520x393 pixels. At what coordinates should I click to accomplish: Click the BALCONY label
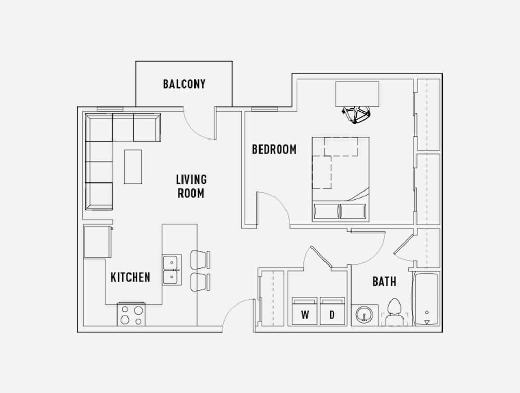point(184,84)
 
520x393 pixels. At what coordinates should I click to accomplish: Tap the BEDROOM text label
point(274,149)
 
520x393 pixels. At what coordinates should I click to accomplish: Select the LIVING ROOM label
point(191,186)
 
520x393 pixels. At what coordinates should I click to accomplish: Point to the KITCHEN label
point(131,277)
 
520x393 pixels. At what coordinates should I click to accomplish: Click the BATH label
point(384,282)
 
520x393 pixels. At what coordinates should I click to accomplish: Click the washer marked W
point(305,311)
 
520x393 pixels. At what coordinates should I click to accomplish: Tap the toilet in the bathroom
point(395,312)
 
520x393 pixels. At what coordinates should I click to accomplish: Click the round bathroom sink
point(364,314)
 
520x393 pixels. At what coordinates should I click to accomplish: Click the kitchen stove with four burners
point(132,314)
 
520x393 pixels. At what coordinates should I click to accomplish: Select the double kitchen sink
point(172,270)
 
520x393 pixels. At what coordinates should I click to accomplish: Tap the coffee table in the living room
point(133,167)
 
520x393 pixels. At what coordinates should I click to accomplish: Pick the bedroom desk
point(357,94)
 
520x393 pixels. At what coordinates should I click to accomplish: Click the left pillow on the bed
point(327,211)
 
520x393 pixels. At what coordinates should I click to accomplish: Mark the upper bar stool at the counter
point(200,260)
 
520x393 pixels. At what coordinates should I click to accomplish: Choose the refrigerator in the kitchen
point(98,242)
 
